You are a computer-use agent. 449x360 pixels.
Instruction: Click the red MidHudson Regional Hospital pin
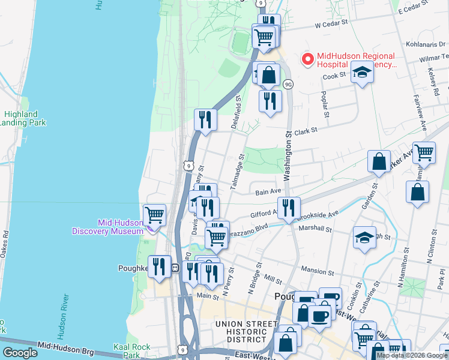[308, 59]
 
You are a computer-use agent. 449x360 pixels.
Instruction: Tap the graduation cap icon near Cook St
[362, 73]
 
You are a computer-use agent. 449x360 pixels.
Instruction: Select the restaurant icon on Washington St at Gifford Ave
[289, 208]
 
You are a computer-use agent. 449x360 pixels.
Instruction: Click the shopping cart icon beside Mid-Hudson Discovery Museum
[155, 214]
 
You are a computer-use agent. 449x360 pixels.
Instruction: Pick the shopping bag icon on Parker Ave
[379, 161]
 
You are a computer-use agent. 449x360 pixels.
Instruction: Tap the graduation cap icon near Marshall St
[364, 238]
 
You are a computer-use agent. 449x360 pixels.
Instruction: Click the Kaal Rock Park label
[132, 351]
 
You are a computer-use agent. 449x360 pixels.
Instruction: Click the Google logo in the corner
[20, 352]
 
